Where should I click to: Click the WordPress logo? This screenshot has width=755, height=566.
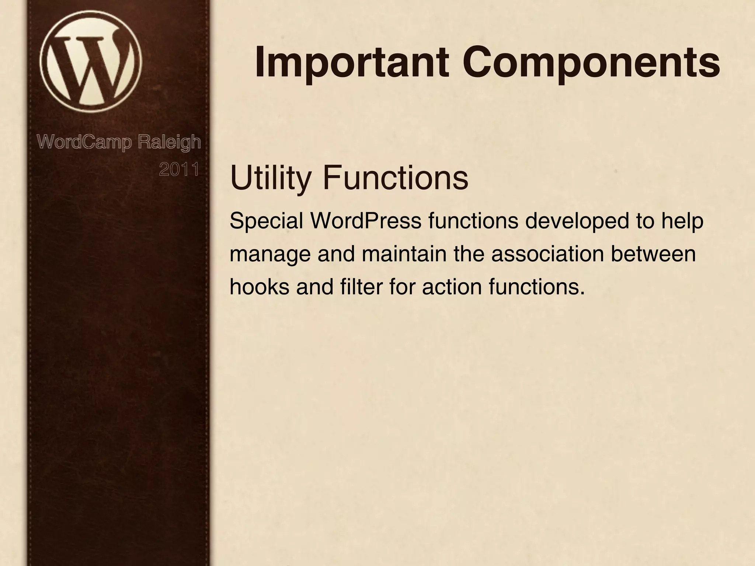click(x=90, y=61)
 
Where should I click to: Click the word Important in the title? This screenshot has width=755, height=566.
click(x=352, y=62)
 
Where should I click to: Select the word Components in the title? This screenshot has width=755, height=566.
click(x=594, y=62)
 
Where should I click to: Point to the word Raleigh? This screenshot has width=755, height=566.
click(x=169, y=142)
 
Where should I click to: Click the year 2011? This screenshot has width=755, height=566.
click(x=179, y=170)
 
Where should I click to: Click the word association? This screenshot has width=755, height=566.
click(x=547, y=254)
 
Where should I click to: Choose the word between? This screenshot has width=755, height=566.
click(x=653, y=254)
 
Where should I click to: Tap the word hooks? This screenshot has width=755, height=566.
click(x=259, y=287)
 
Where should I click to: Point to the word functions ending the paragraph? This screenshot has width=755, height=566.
click(x=536, y=287)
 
